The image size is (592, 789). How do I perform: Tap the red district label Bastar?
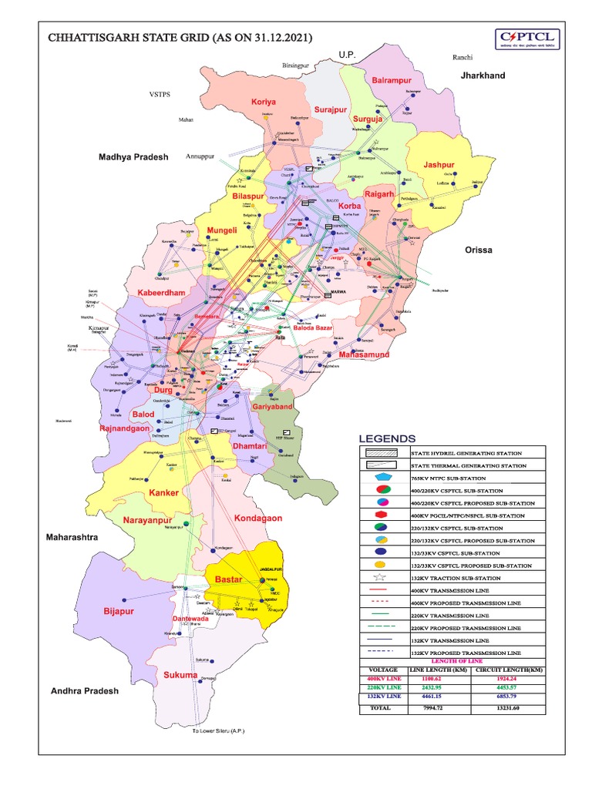click(x=228, y=578)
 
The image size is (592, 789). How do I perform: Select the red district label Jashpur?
click(x=439, y=165)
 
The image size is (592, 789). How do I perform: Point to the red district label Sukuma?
click(x=180, y=675)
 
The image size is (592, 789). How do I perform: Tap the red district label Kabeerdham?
click(x=162, y=293)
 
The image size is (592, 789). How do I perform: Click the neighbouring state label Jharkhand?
click(x=483, y=76)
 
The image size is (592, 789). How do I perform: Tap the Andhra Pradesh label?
click(x=85, y=691)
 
